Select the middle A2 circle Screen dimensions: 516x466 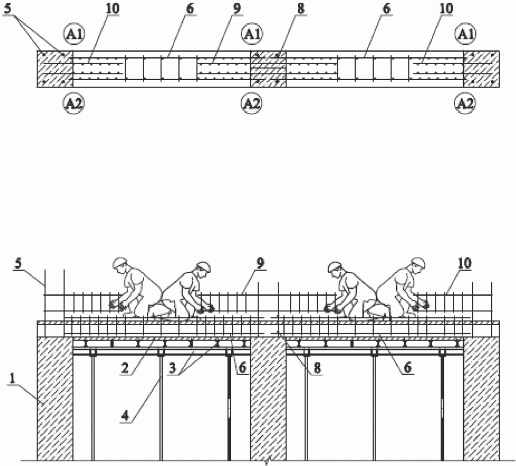point(252,103)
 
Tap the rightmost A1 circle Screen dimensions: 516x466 point(465,34)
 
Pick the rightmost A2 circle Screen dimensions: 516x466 point(465,103)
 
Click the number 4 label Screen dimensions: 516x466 point(125,416)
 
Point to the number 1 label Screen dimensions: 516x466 point(13,378)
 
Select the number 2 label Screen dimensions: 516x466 point(125,368)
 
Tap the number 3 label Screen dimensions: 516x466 point(173,368)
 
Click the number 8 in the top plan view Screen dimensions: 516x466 point(301,9)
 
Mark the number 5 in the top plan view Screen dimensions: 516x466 point(7,9)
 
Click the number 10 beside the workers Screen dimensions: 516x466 point(464,263)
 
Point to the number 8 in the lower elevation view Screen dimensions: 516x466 point(317,368)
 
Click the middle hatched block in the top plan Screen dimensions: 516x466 point(268,69)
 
